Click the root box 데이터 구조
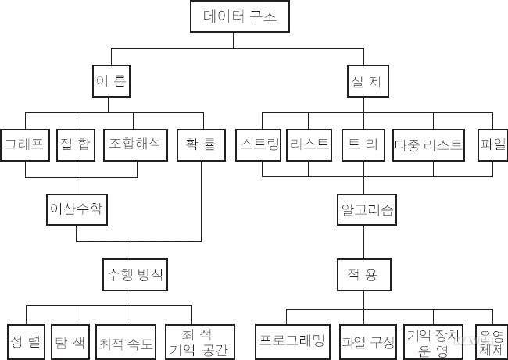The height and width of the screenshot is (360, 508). click(234, 16)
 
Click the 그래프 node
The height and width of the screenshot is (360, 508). click(24, 144)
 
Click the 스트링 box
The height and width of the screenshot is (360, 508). click(260, 144)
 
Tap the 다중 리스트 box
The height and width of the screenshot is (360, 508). click(428, 144)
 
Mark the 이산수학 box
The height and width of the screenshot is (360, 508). click(76, 209)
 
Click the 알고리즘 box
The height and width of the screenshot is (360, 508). click(367, 209)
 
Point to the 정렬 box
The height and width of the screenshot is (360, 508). click(26, 341)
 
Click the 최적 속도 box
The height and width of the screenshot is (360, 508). click(127, 341)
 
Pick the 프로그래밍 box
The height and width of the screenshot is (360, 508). click(295, 341)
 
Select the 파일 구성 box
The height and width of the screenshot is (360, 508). click(368, 341)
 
